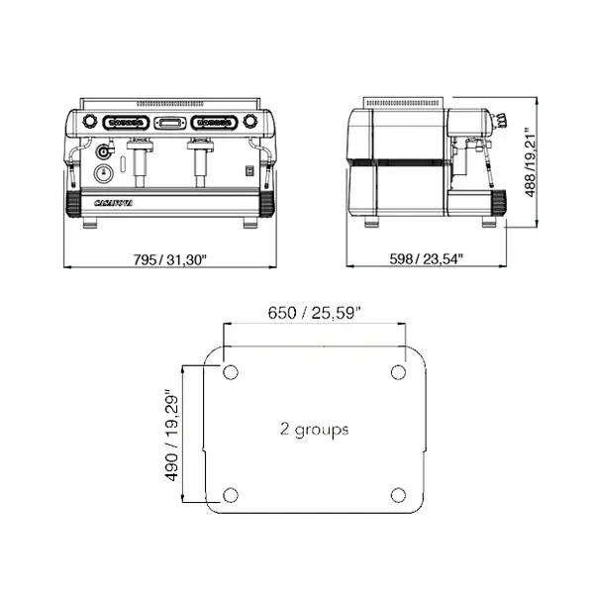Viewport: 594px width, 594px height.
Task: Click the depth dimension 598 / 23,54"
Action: pos(426,259)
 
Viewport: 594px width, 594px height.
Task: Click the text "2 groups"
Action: pos(314,430)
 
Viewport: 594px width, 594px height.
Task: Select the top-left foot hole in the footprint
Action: pos(231,372)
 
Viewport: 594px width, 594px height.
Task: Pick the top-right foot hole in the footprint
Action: pos(398,372)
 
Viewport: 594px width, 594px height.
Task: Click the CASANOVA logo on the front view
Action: pos(114,202)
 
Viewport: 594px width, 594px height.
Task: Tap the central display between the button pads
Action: pos(169,123)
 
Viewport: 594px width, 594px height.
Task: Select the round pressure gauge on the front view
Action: pos(103,173)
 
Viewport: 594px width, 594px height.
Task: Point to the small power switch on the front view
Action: pos(249,170)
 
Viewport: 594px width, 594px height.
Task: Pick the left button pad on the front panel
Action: pos(126,123)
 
